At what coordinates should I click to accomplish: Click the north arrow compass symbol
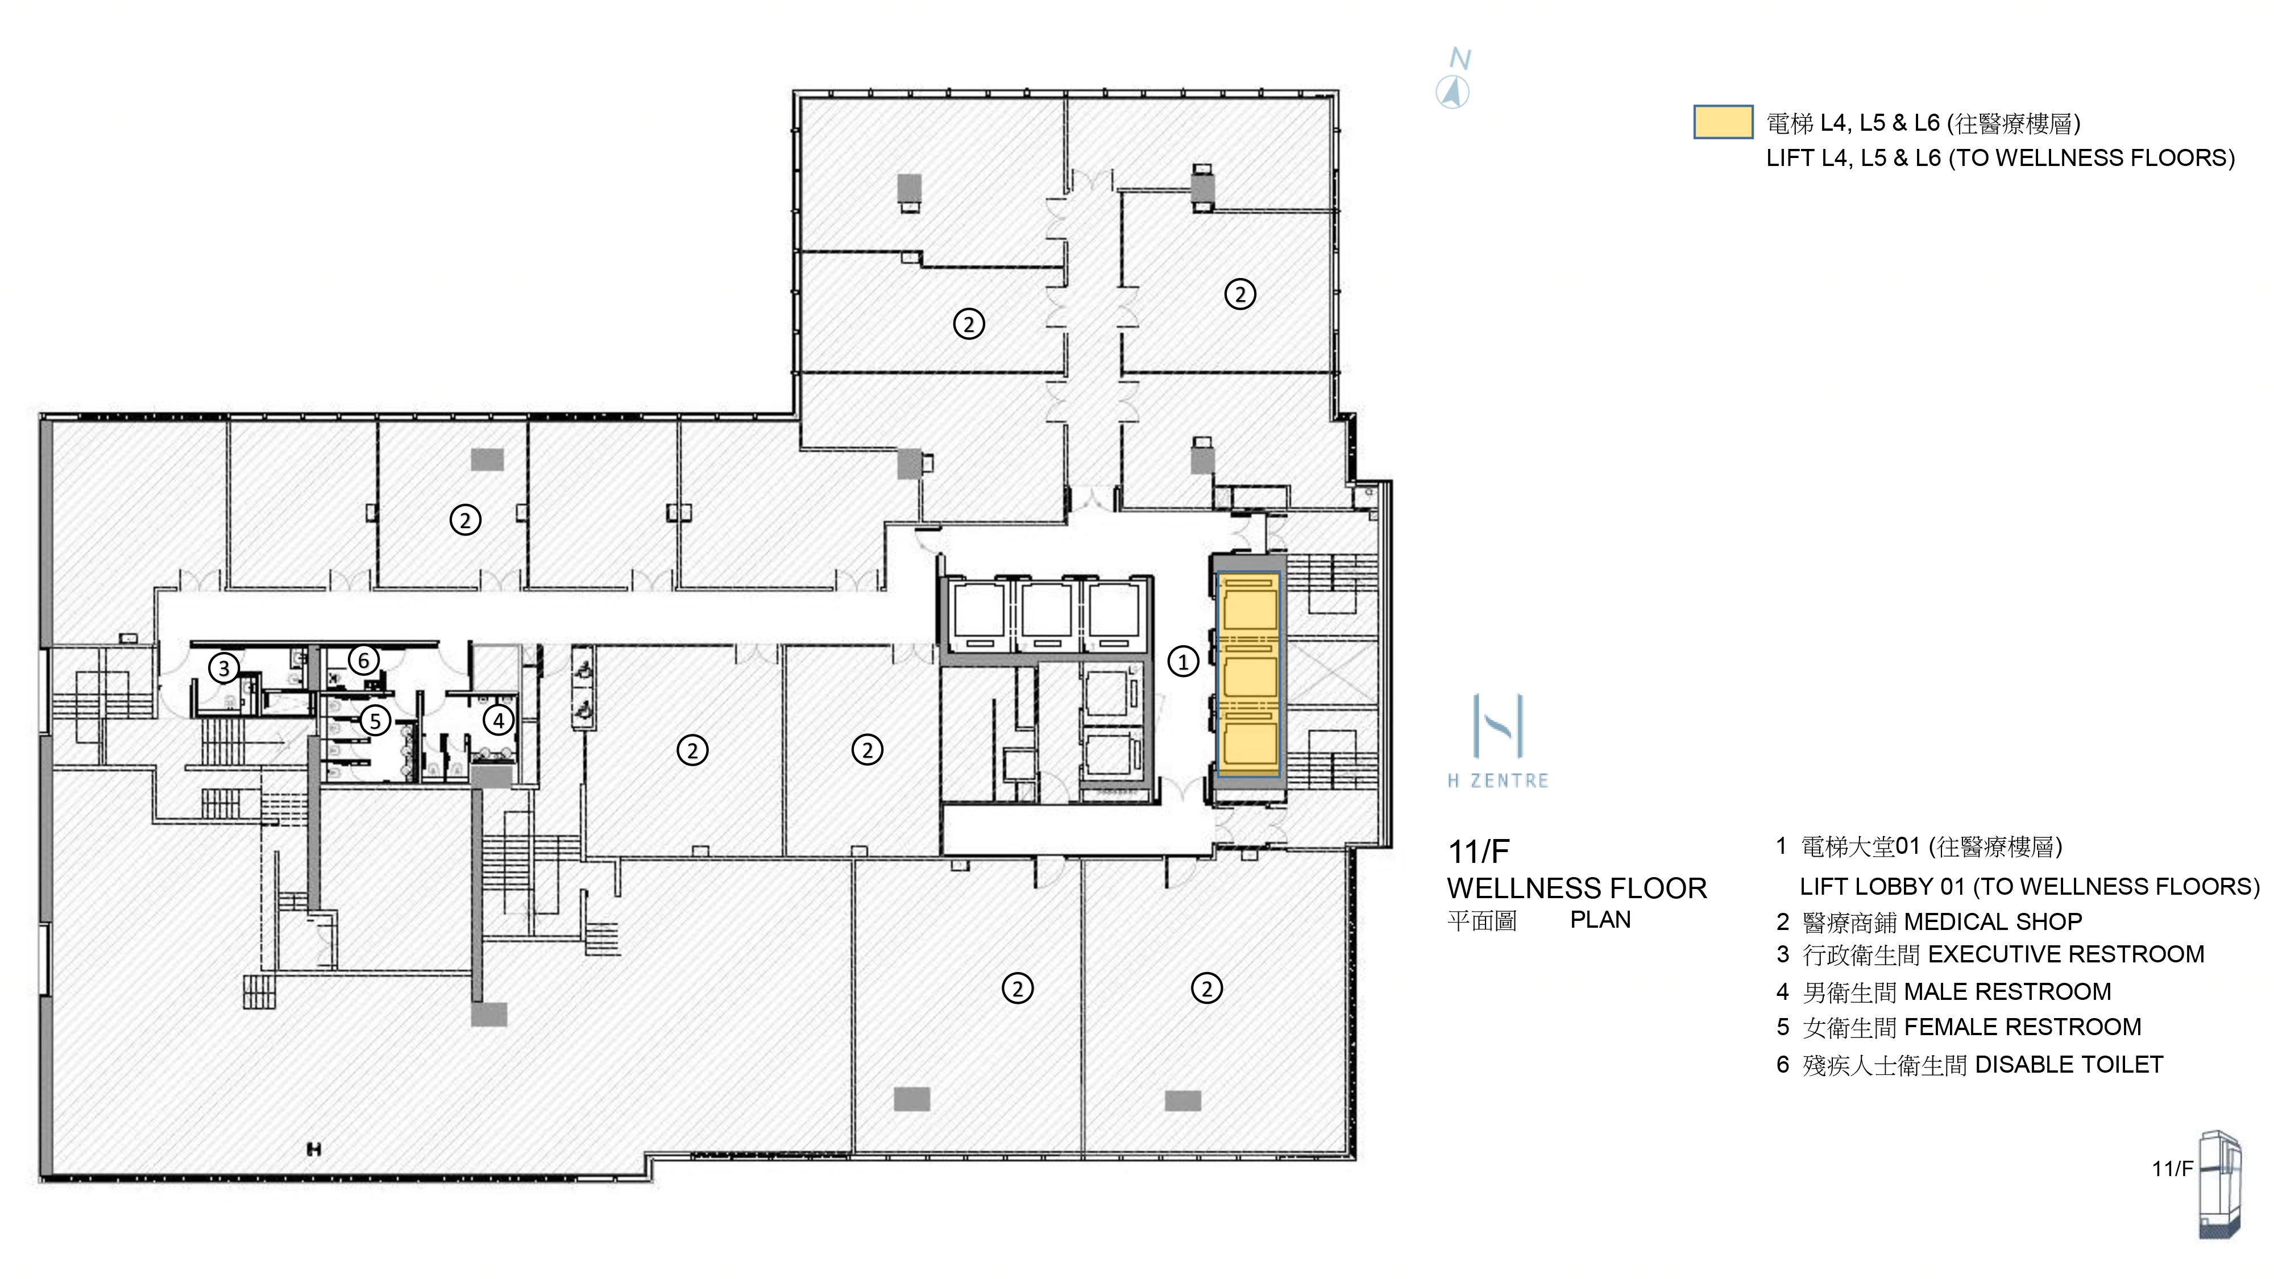tap(1452, 92)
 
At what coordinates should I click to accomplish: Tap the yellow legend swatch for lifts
tap(1723, 122)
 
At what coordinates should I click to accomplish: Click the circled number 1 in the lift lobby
tap(1183, 661)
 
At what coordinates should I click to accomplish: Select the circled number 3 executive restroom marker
tap(224, 668)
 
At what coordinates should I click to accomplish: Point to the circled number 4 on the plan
tap(499, 720)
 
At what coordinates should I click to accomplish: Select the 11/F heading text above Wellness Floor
tap(1479, 852)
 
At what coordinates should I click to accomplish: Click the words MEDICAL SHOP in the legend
tap(1993, 921)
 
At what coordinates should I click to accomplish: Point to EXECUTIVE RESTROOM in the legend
tap(2066, 954)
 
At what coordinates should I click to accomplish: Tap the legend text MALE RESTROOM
tap(2007, 991)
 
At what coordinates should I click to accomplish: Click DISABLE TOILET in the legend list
tap(2069, 1065)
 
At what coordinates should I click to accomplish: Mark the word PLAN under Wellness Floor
tap(1600, 920)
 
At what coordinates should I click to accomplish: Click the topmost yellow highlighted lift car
tap(1248, 609)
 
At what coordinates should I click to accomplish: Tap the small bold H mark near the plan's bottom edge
tap(313, 1149)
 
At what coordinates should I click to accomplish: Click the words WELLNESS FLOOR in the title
tap(1576, 888)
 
